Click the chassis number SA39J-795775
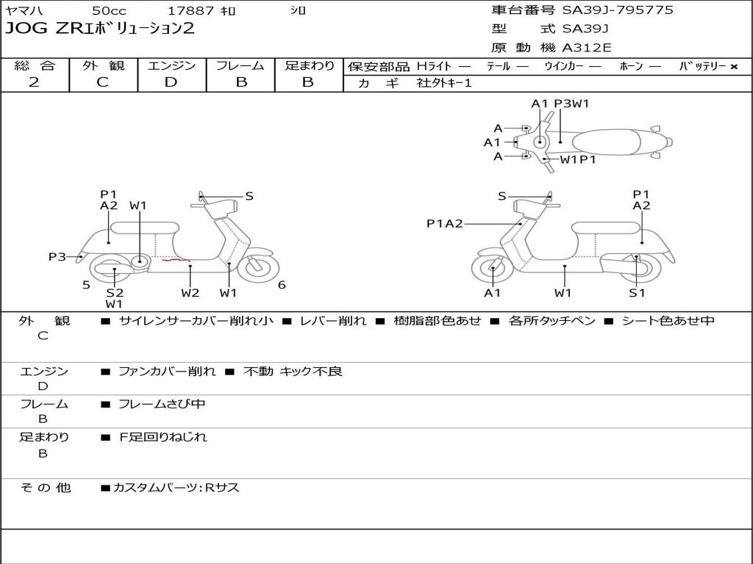[618, 10]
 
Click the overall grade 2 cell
[34, 82]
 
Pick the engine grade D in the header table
[171, 82]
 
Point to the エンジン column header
[171, 66]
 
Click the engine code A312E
[586, 48]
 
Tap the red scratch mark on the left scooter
[176, 259]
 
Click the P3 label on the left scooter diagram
[57, 256]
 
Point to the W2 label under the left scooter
[190, 293]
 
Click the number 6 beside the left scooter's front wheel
[282, 285]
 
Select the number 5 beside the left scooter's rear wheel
[86, 285]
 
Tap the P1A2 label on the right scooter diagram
[444, 223]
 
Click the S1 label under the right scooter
[637, 293]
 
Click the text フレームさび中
[162, 404]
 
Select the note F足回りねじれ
[163, 437]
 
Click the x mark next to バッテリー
[734, 66]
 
